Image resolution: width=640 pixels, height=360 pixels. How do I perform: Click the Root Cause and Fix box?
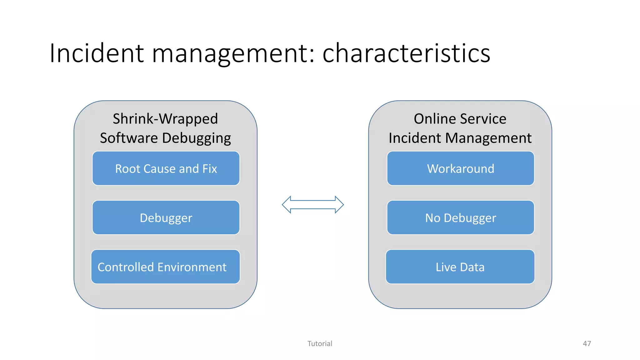click(x=166, y=168)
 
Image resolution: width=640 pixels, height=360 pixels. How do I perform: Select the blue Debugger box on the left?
click(x=166, y=217)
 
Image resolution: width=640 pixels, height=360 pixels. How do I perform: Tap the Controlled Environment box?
click(x=165, y=267)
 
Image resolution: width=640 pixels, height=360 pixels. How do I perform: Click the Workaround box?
click(x=460, y=168)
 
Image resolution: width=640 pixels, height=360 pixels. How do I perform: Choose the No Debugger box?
click(x=460, y=217)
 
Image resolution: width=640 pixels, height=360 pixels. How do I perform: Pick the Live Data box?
click(x=460, y=267)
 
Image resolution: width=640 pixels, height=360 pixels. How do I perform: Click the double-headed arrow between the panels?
click(x=313, y=205)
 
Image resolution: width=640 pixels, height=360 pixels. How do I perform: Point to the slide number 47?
click(x=587, y=343)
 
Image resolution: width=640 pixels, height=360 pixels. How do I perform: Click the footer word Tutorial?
click(x=320, y=343)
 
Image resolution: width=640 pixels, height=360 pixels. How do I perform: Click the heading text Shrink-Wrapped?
click(x=165, y=119)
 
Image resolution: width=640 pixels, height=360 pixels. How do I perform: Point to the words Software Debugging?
click(x=165, y=138)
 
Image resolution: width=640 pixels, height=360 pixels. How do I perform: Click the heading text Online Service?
click(x=460, y=119)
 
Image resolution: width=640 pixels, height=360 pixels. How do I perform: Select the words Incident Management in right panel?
click(x=460, y=138)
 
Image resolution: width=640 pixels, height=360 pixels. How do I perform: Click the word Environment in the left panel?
click(x=192, y=267)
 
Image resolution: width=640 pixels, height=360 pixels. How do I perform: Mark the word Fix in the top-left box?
click(x=209, y=169)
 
